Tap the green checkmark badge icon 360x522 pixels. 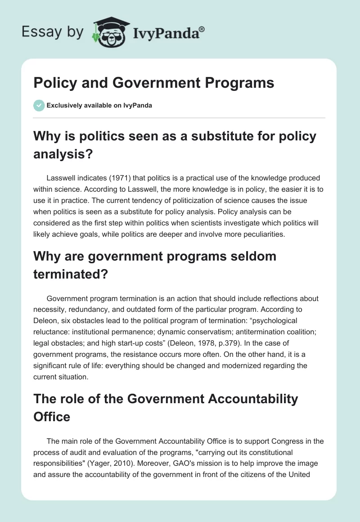(39, 105)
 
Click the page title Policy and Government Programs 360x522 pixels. (153, 83)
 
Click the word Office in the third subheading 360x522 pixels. (52, 416)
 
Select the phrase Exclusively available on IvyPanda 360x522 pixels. (99, 105)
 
